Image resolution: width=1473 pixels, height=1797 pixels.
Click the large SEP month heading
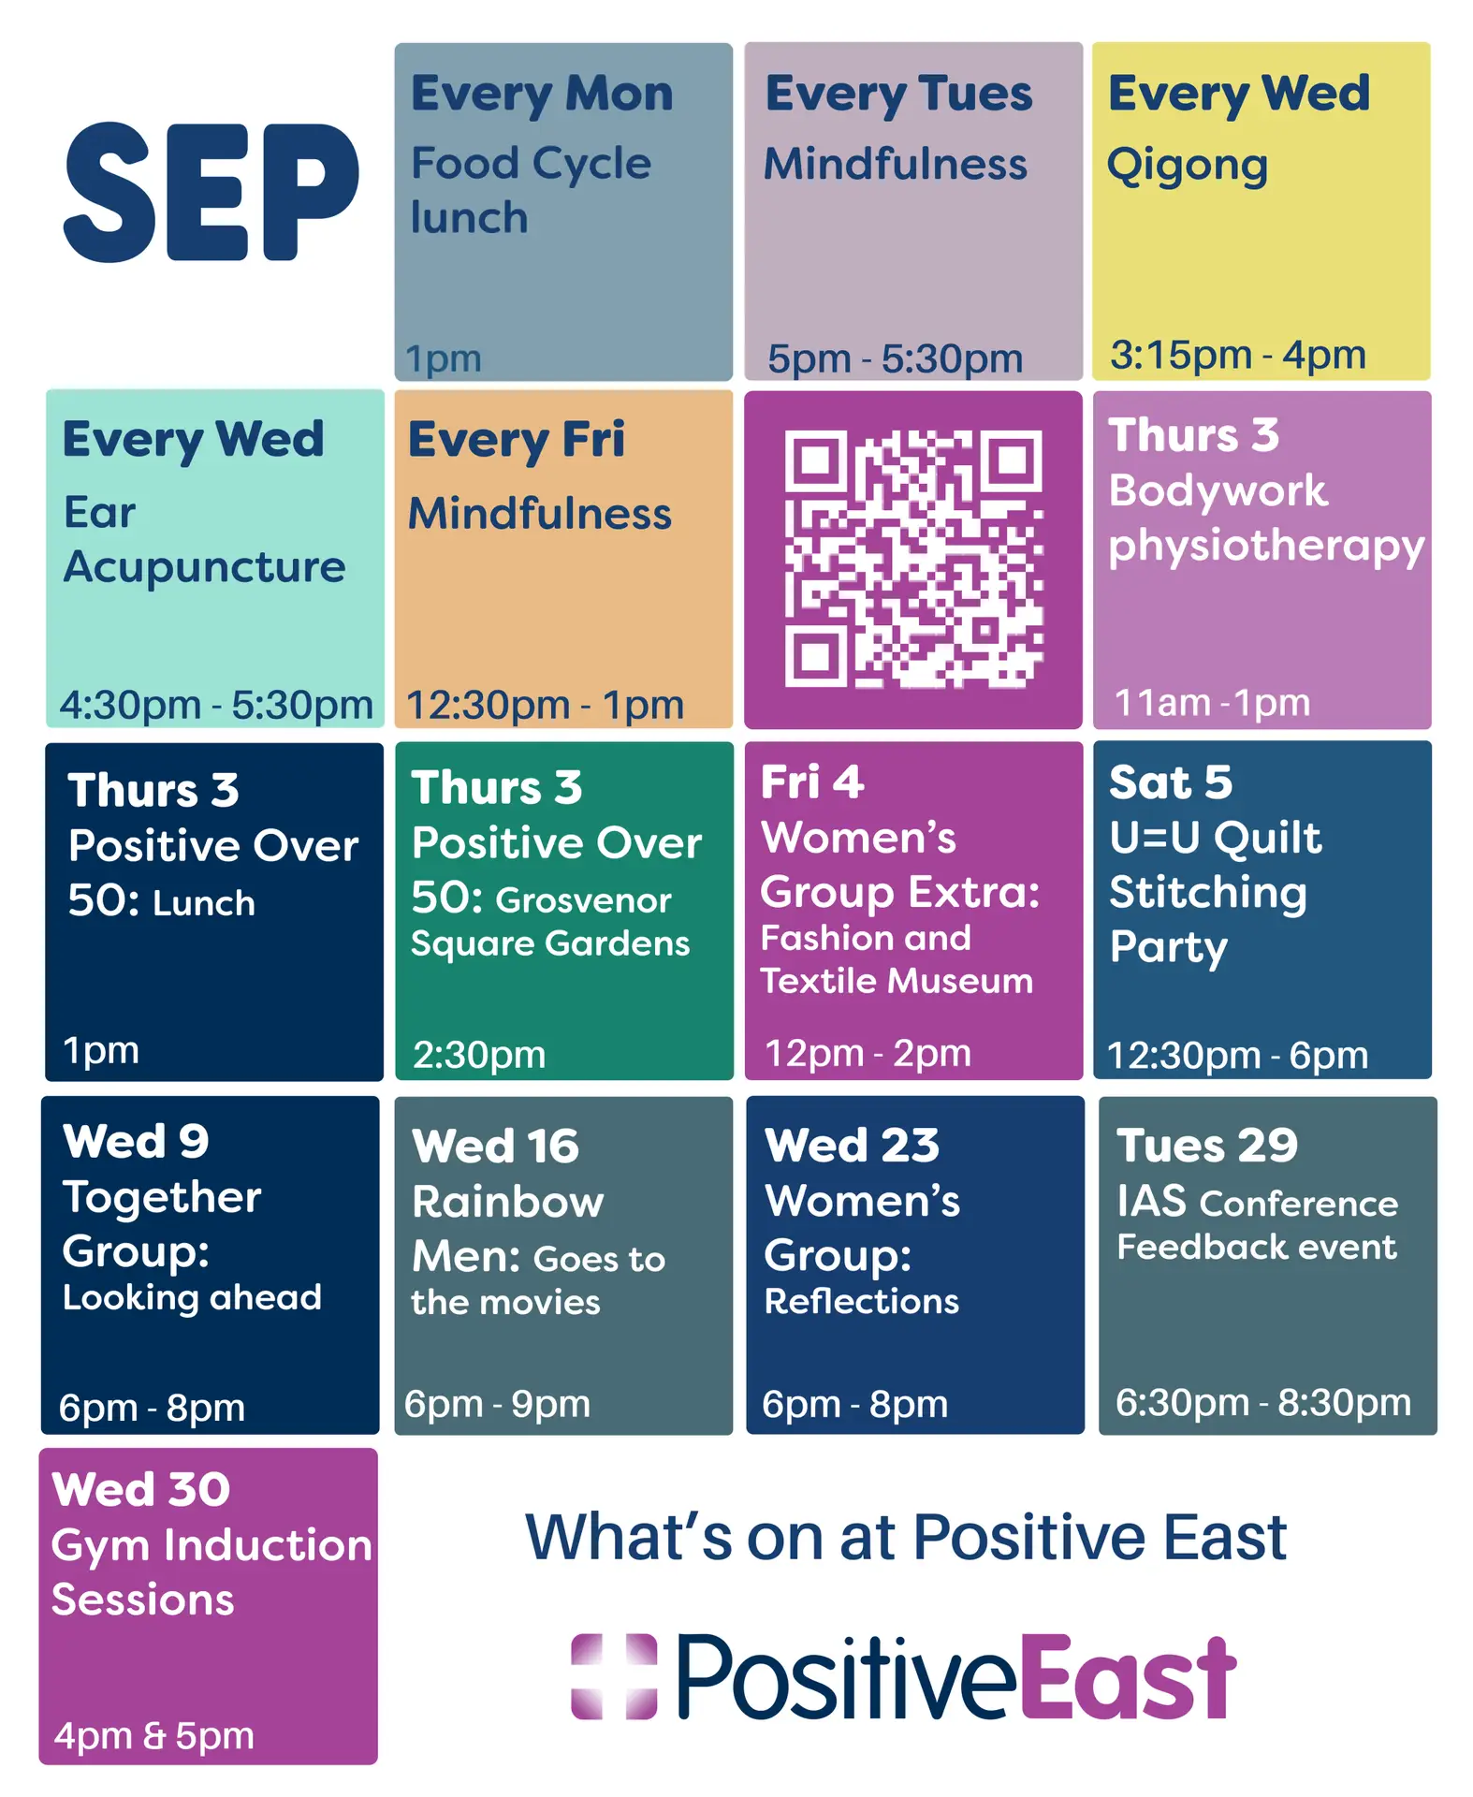click(211, 192)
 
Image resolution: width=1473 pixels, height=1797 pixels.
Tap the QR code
click(913, 559)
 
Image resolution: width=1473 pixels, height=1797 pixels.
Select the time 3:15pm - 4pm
click(1238, 355)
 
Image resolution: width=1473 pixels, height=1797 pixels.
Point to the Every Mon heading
click(542, 95)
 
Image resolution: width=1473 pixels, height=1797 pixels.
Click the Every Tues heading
click(898, 95)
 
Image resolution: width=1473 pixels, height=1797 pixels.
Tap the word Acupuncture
click(204, 568)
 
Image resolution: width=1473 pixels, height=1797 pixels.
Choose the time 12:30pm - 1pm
click(545, 705)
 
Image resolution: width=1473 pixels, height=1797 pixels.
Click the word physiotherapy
click(1266, 547)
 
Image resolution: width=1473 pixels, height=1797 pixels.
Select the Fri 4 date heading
click(812, 782)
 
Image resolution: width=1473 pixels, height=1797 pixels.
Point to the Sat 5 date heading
click(1171, 782)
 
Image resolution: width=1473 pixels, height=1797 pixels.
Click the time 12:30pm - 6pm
click(1237, 1056)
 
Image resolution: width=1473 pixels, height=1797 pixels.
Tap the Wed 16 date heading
click(496, 1147)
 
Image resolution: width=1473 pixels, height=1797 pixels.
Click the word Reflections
click(862, 1302)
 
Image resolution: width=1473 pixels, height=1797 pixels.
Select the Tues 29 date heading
click(1207, 1145)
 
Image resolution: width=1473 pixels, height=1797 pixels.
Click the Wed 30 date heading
click(141, 1489)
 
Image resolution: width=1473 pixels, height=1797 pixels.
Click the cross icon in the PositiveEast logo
click(614, 1676)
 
